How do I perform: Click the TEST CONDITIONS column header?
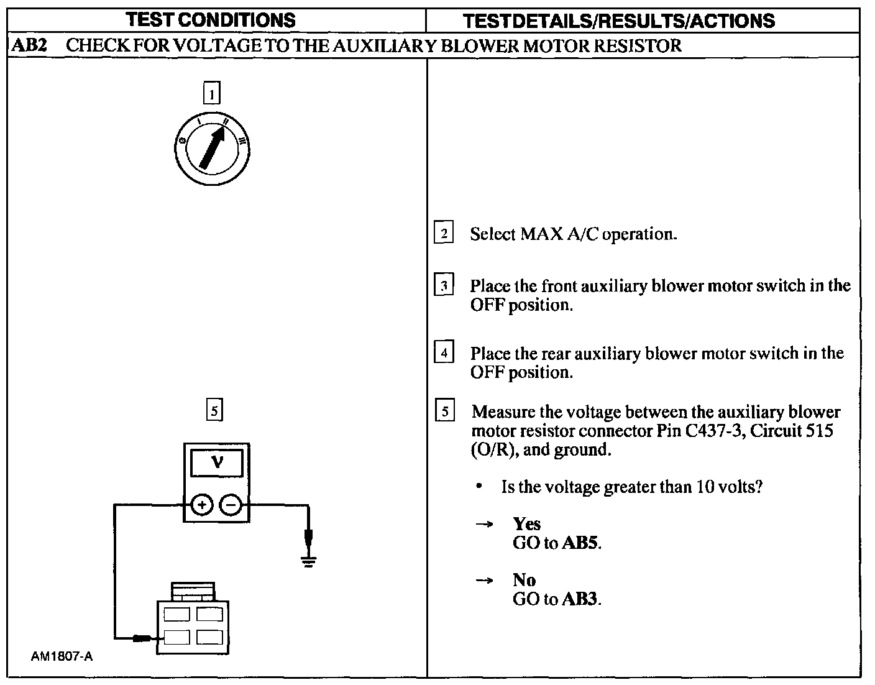pos(211,20)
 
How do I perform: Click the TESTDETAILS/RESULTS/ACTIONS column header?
pos(619,21)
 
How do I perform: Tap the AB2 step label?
pos(30,45)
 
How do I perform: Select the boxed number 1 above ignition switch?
pos(212,94)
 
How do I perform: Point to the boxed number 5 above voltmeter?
pos(214,411)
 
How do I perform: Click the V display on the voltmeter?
pos(217,462)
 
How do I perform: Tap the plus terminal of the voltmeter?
pos(201,505)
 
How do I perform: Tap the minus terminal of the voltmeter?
pos(231,505)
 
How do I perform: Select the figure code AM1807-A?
pos(62,656)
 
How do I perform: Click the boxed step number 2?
pos(444,234)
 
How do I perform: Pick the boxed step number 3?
pos(444,286)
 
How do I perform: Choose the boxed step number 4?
pos(444,353)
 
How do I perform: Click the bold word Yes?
pos(526,524)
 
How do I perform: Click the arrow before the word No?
pos(484,581)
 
